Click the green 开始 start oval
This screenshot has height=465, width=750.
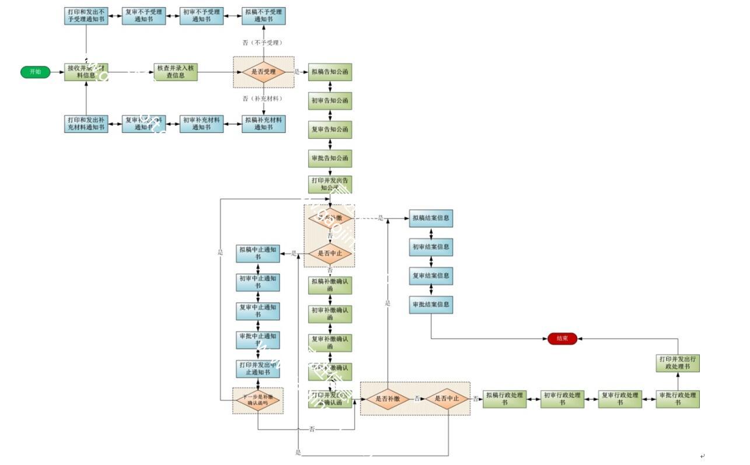(x=35, y=72)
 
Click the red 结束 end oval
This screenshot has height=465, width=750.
(x=562, y=339)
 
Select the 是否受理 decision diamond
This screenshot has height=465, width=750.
(x=263, y=72)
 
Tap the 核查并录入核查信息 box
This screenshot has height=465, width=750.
(x=176, y=72)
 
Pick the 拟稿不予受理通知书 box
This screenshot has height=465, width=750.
(x=263, y=16)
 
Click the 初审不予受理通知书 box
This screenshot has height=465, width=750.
(x=201, y=16)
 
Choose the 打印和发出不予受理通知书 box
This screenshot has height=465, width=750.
(x=86, y=16)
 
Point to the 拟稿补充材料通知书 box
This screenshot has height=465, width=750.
(x=263, y=124)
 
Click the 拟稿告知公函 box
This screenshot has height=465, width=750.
(x=330, y=72)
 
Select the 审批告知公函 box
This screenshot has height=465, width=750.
(x=330, y=158)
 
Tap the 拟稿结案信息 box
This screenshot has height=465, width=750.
(x=431, y=219)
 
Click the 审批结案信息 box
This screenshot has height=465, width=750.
(x=431, y=305)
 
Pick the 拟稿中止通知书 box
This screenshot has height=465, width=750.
(x=257, y=253)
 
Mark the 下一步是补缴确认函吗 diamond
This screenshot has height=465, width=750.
(x=257, y=400)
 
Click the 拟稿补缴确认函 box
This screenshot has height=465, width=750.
(x=330, y=284)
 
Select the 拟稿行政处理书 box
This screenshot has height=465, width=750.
(x=505, y=399)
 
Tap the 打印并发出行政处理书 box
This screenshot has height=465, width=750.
(x=678, y=363)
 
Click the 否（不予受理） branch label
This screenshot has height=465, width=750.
(x=263, y=43)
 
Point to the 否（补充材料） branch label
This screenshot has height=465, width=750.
(x=263, y=98)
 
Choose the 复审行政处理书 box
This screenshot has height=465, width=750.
(x=620, y=399)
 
